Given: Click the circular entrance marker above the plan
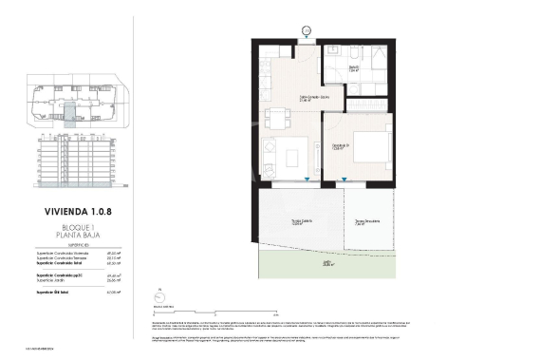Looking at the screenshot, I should coord(307,31).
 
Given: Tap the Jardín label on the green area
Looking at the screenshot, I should coord(326,264).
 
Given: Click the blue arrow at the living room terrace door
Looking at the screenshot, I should coord(307,180).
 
